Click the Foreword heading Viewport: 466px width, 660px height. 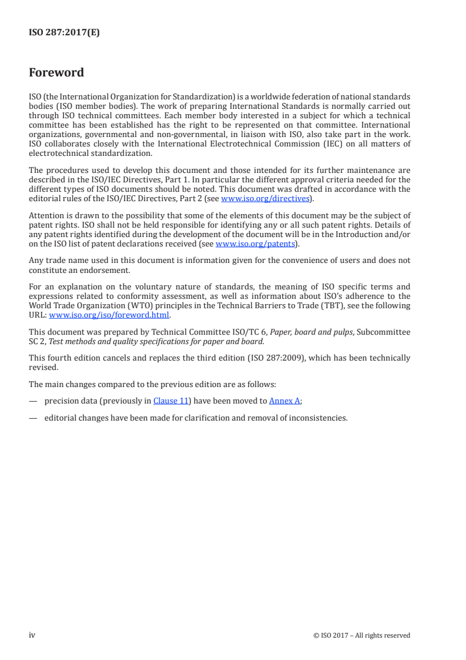56,73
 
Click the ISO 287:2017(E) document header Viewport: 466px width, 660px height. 64,33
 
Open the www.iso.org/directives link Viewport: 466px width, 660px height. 264,199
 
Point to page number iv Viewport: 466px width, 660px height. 32,635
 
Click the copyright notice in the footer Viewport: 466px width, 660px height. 362,635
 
